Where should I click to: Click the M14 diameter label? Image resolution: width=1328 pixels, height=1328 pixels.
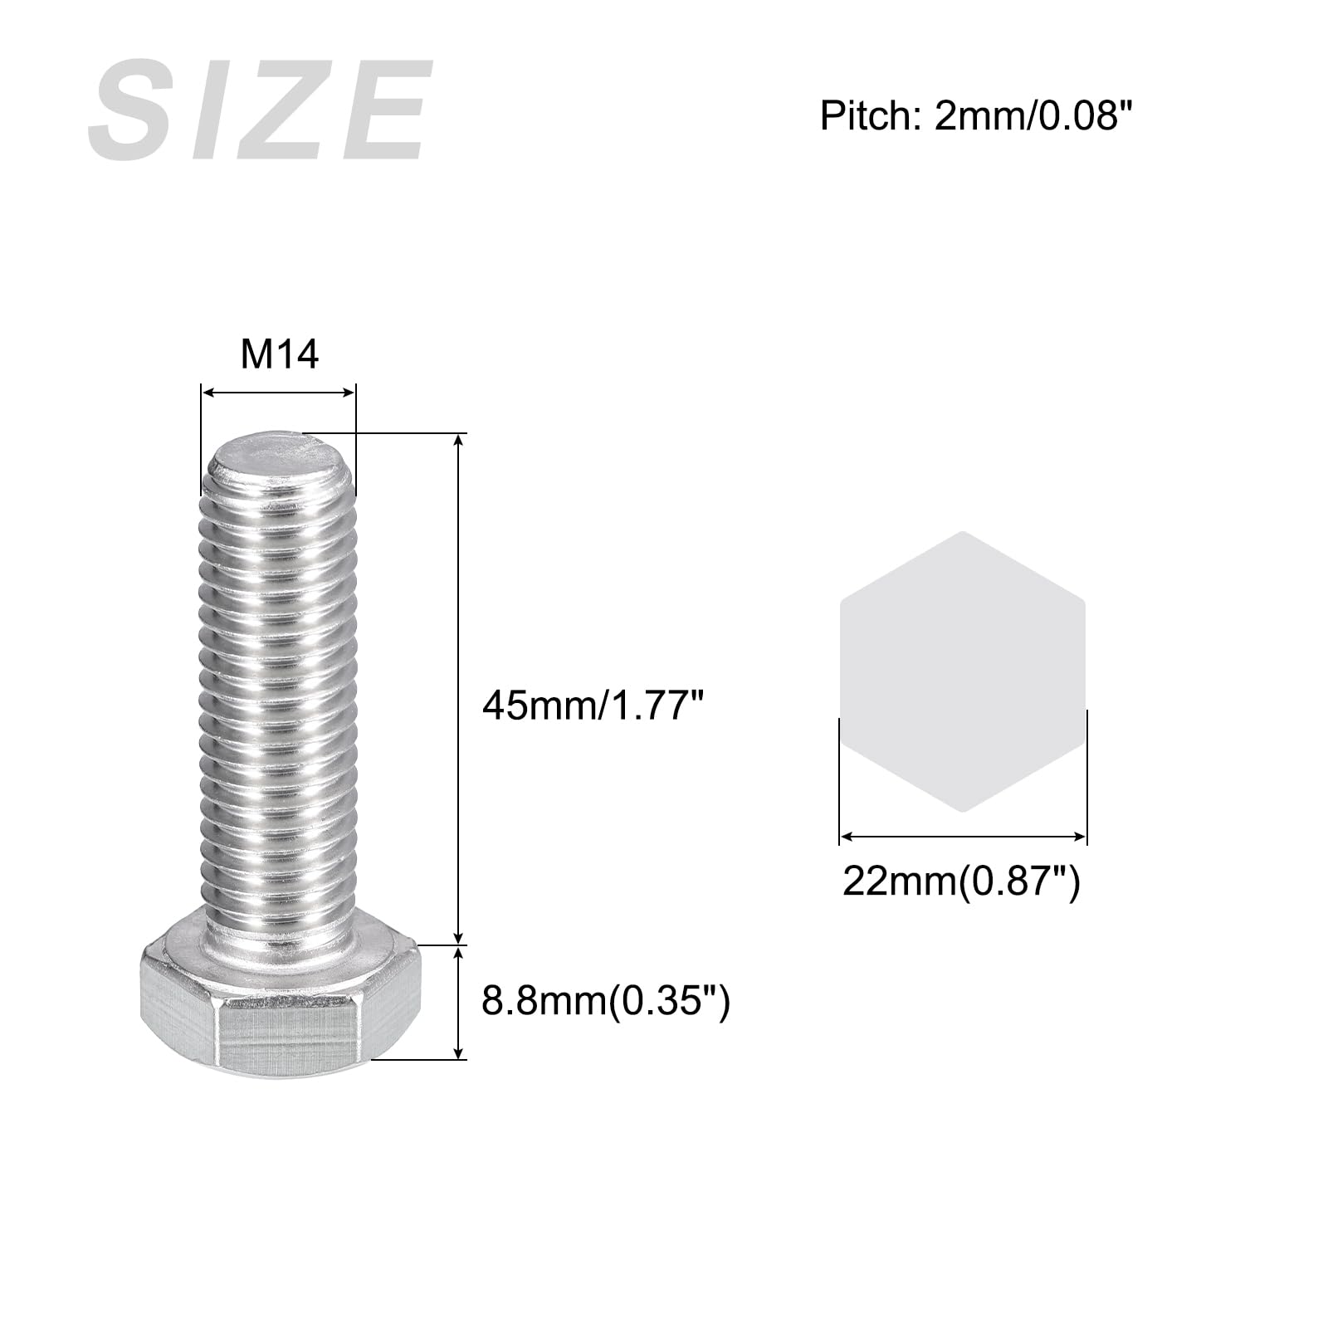(280, 354)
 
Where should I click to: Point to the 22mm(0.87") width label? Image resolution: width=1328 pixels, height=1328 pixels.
(962, 880)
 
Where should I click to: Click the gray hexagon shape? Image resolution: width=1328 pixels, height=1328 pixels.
(962, 671)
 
